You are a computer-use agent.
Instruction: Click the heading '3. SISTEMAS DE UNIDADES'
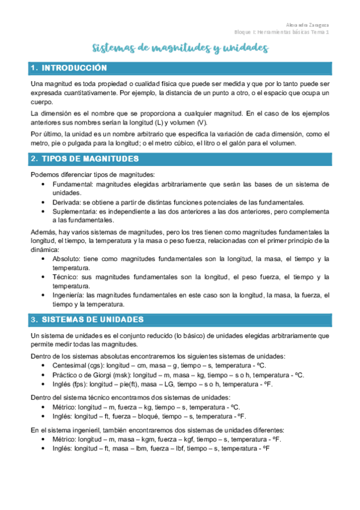pyautogui.click(x=91, y=319)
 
